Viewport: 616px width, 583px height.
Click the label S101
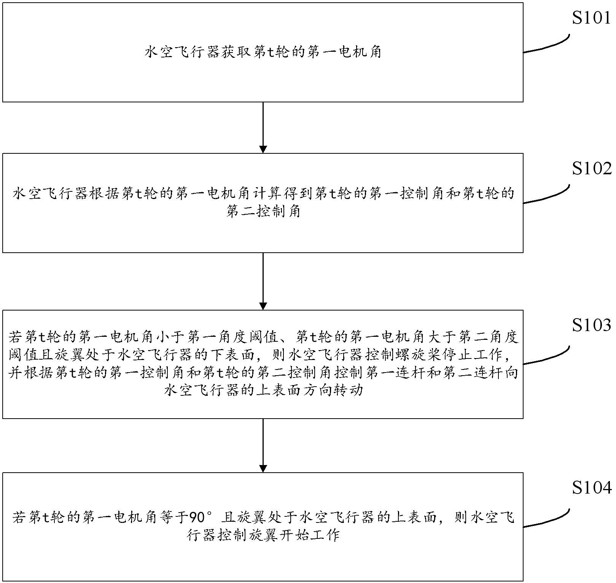(x=591, y=18)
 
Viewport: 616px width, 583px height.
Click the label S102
(x=591, y=169)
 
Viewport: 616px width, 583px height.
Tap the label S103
(x=591, y=325)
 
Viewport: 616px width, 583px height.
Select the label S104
(x=591, y=487)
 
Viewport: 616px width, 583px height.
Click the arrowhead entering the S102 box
(x=263, y=149)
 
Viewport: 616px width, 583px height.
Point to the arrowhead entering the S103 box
(x=263, y=306)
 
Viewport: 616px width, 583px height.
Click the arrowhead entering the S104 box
(x=263, y=468)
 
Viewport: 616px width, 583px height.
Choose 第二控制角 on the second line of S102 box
(x=263, y=212)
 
